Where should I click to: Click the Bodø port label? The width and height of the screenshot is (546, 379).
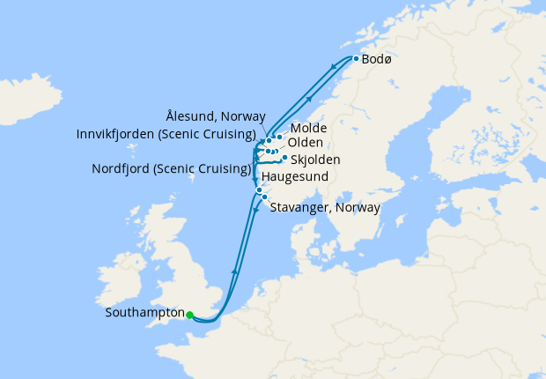(377, 61)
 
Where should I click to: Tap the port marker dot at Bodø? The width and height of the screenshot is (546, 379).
(355, 59)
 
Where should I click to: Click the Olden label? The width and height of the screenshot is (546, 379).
(306, 143)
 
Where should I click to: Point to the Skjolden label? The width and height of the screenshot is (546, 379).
(315, 160)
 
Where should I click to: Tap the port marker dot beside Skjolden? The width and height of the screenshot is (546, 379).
(284, 158)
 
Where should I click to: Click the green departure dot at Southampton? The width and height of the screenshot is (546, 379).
(190, 314)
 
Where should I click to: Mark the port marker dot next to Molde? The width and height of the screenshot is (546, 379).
(279, 137)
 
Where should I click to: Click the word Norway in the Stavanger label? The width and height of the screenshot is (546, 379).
(358, 208)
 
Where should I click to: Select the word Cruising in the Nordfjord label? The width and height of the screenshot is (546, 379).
(224, 168)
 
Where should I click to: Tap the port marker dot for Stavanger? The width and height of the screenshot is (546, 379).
(264, 197)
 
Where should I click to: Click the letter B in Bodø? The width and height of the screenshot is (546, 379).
(365, 61)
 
